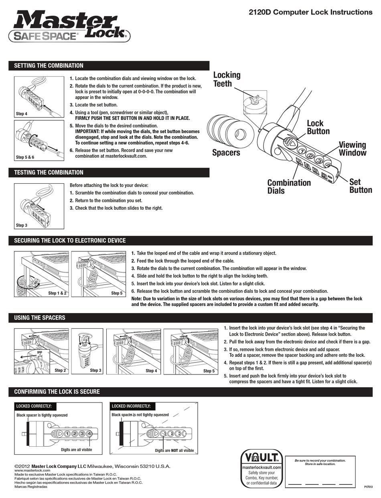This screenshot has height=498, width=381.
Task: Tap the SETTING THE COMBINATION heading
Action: pos(49,66)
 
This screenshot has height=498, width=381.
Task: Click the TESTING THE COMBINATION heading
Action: pos(49,172)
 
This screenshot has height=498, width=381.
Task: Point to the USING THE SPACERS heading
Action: pos(39,318)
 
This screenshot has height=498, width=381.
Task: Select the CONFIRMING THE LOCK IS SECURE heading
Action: pos(57,391)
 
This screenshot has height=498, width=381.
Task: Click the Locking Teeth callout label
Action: pos(227,79)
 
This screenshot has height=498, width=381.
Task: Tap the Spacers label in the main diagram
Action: pos(226,152)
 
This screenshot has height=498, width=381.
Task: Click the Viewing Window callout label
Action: pos(353,148)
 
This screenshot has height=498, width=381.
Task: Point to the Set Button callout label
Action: pos(360,186)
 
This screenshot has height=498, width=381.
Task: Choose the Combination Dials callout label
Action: pos(289,186)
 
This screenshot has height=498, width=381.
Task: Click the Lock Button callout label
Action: pos(318,127)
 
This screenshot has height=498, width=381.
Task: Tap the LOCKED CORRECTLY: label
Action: pos(34,406)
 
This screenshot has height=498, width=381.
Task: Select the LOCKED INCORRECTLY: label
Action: pos(131,406)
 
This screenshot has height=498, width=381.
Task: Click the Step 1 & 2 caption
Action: pos(57,293)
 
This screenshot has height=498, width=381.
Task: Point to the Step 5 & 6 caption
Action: pos(25,157)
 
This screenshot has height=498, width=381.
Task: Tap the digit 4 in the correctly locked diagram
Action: pos(89,433)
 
